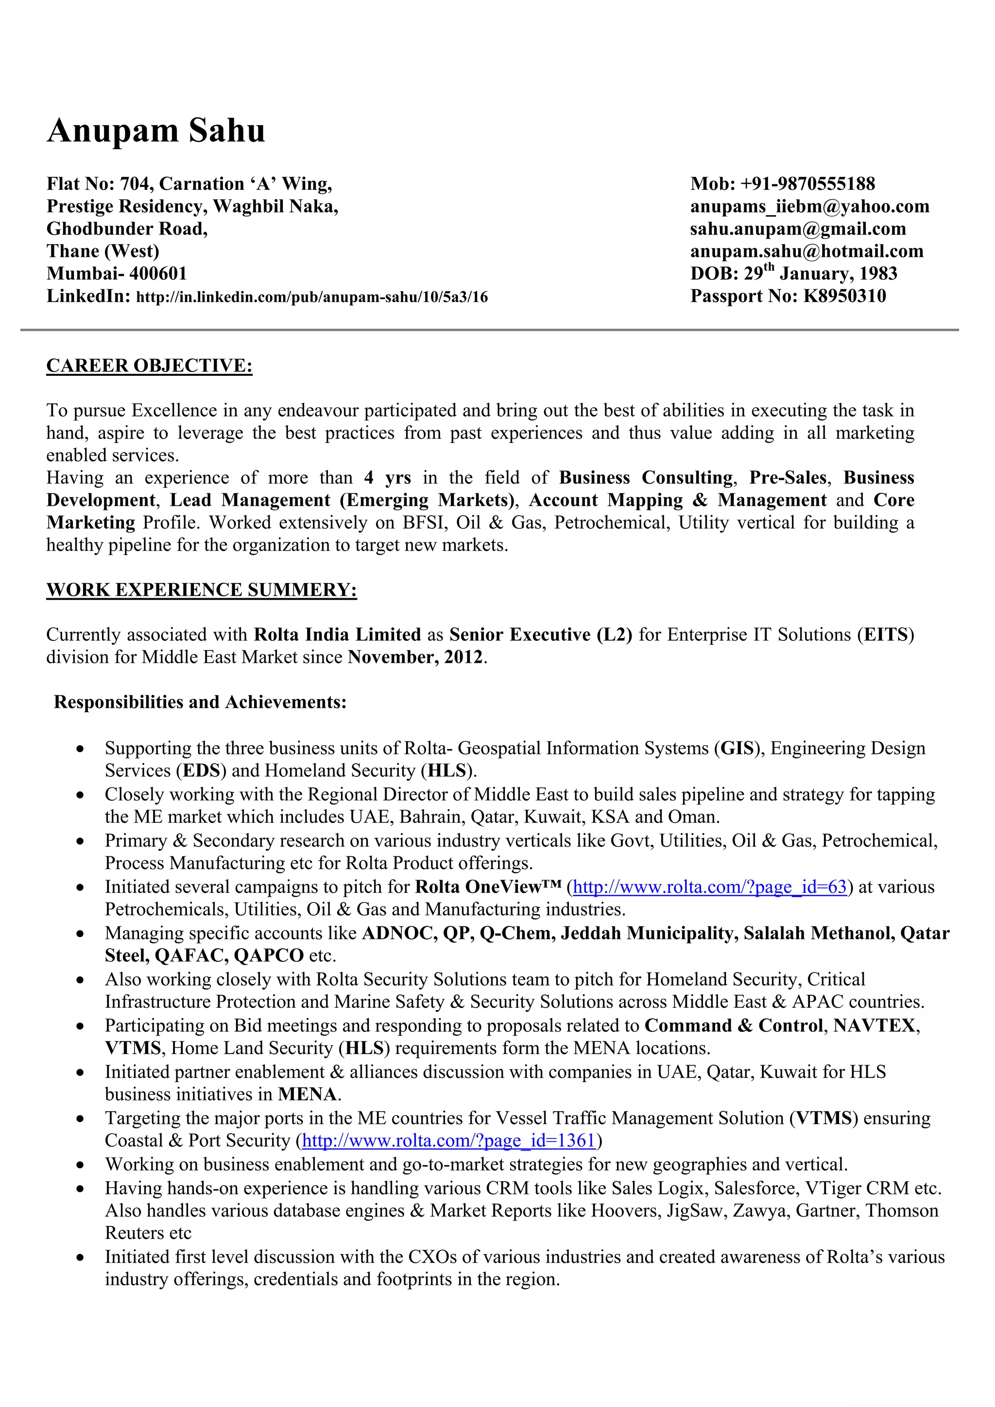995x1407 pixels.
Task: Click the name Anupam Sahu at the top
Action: click(156, 131)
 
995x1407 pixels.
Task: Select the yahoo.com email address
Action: click(809, 206)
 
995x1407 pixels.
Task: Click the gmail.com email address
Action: click(798, 229)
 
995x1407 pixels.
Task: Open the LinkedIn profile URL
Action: click(311, 298)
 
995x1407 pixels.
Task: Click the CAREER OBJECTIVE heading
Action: click(149, 366)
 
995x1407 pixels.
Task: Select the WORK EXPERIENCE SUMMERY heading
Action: click(201, 590)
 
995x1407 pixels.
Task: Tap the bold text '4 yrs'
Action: click(387, 478)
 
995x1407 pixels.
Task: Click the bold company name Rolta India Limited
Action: click(337, 635)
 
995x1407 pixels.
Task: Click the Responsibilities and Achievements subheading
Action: click(201, 702)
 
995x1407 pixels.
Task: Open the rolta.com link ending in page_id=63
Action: click(709, 888)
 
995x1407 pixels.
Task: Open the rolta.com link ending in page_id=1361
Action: click(449, 1140)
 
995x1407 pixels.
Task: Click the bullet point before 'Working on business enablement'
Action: click(80, 1165)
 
